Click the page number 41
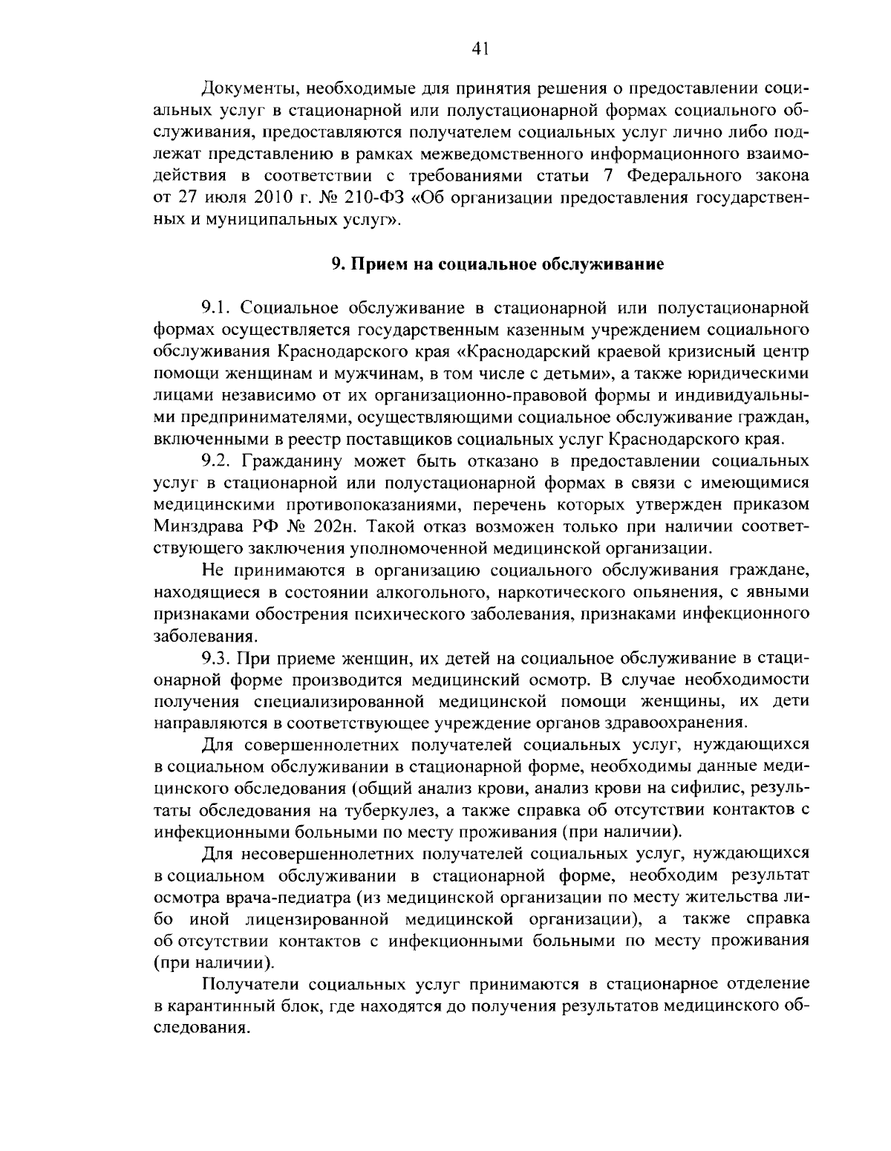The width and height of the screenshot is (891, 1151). pyautogui.click(x=480, y=49)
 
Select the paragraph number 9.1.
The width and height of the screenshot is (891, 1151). pyautogui.click(x=218, y=307)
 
